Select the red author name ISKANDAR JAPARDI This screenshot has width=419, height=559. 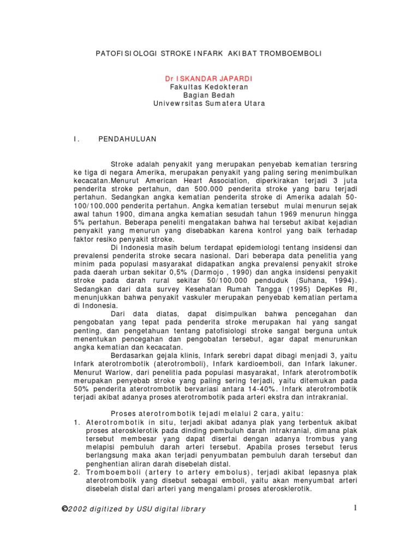point(214,78)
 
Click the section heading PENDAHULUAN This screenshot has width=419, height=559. point(127,139)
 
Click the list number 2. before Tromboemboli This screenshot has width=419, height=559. point(77,472)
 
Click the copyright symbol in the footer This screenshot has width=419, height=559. point(65,509)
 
